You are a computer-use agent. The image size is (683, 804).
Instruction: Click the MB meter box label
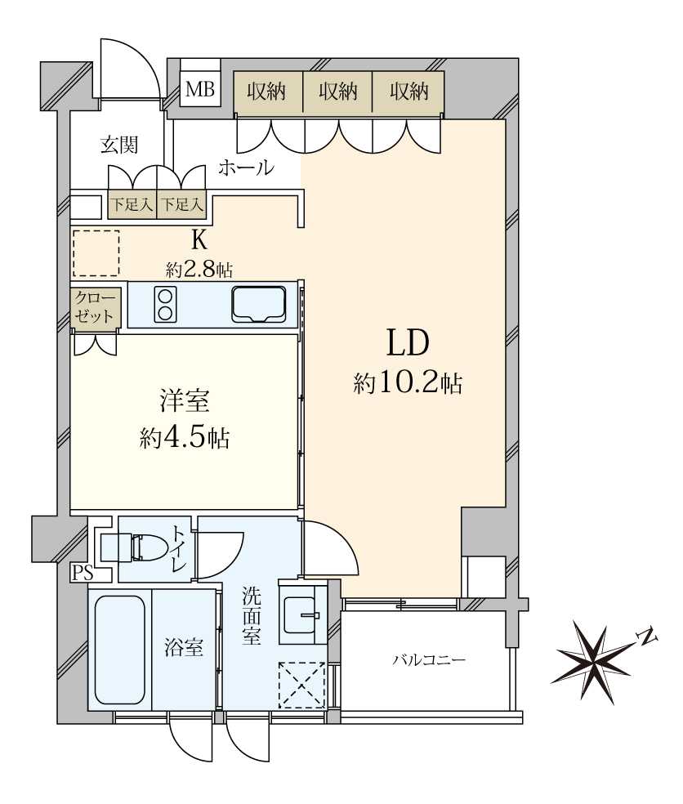click(x=200, y=90)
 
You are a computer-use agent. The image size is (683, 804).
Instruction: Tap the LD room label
click(x=408, y=343)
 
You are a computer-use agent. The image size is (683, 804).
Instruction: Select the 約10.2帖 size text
click(x=408, y=383)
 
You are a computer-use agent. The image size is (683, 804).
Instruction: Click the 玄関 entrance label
click(x=119, y=145)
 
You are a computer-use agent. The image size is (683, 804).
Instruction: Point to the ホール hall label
click(x=246, y=167)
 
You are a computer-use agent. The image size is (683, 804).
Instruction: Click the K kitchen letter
click(x=199, y=239)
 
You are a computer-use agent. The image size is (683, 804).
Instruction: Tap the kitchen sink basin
click(x=258, y=304)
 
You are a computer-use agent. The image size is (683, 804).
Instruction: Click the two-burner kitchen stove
click(x=165, y=304)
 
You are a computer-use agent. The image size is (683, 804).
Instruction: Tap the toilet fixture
click(x=132, y=547)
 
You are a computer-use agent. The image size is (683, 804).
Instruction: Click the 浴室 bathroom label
click(x=184, y=648)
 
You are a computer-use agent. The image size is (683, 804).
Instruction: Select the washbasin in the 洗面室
click(x=301, y=612)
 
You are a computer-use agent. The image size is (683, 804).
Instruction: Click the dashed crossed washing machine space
click(x=302, y=685)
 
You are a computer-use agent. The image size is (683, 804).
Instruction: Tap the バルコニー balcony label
click(x=429, y=659)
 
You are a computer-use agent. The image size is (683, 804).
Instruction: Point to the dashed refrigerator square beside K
click(x=96, y=253)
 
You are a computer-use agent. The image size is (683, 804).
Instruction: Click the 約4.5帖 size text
click(x=185, y=439)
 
